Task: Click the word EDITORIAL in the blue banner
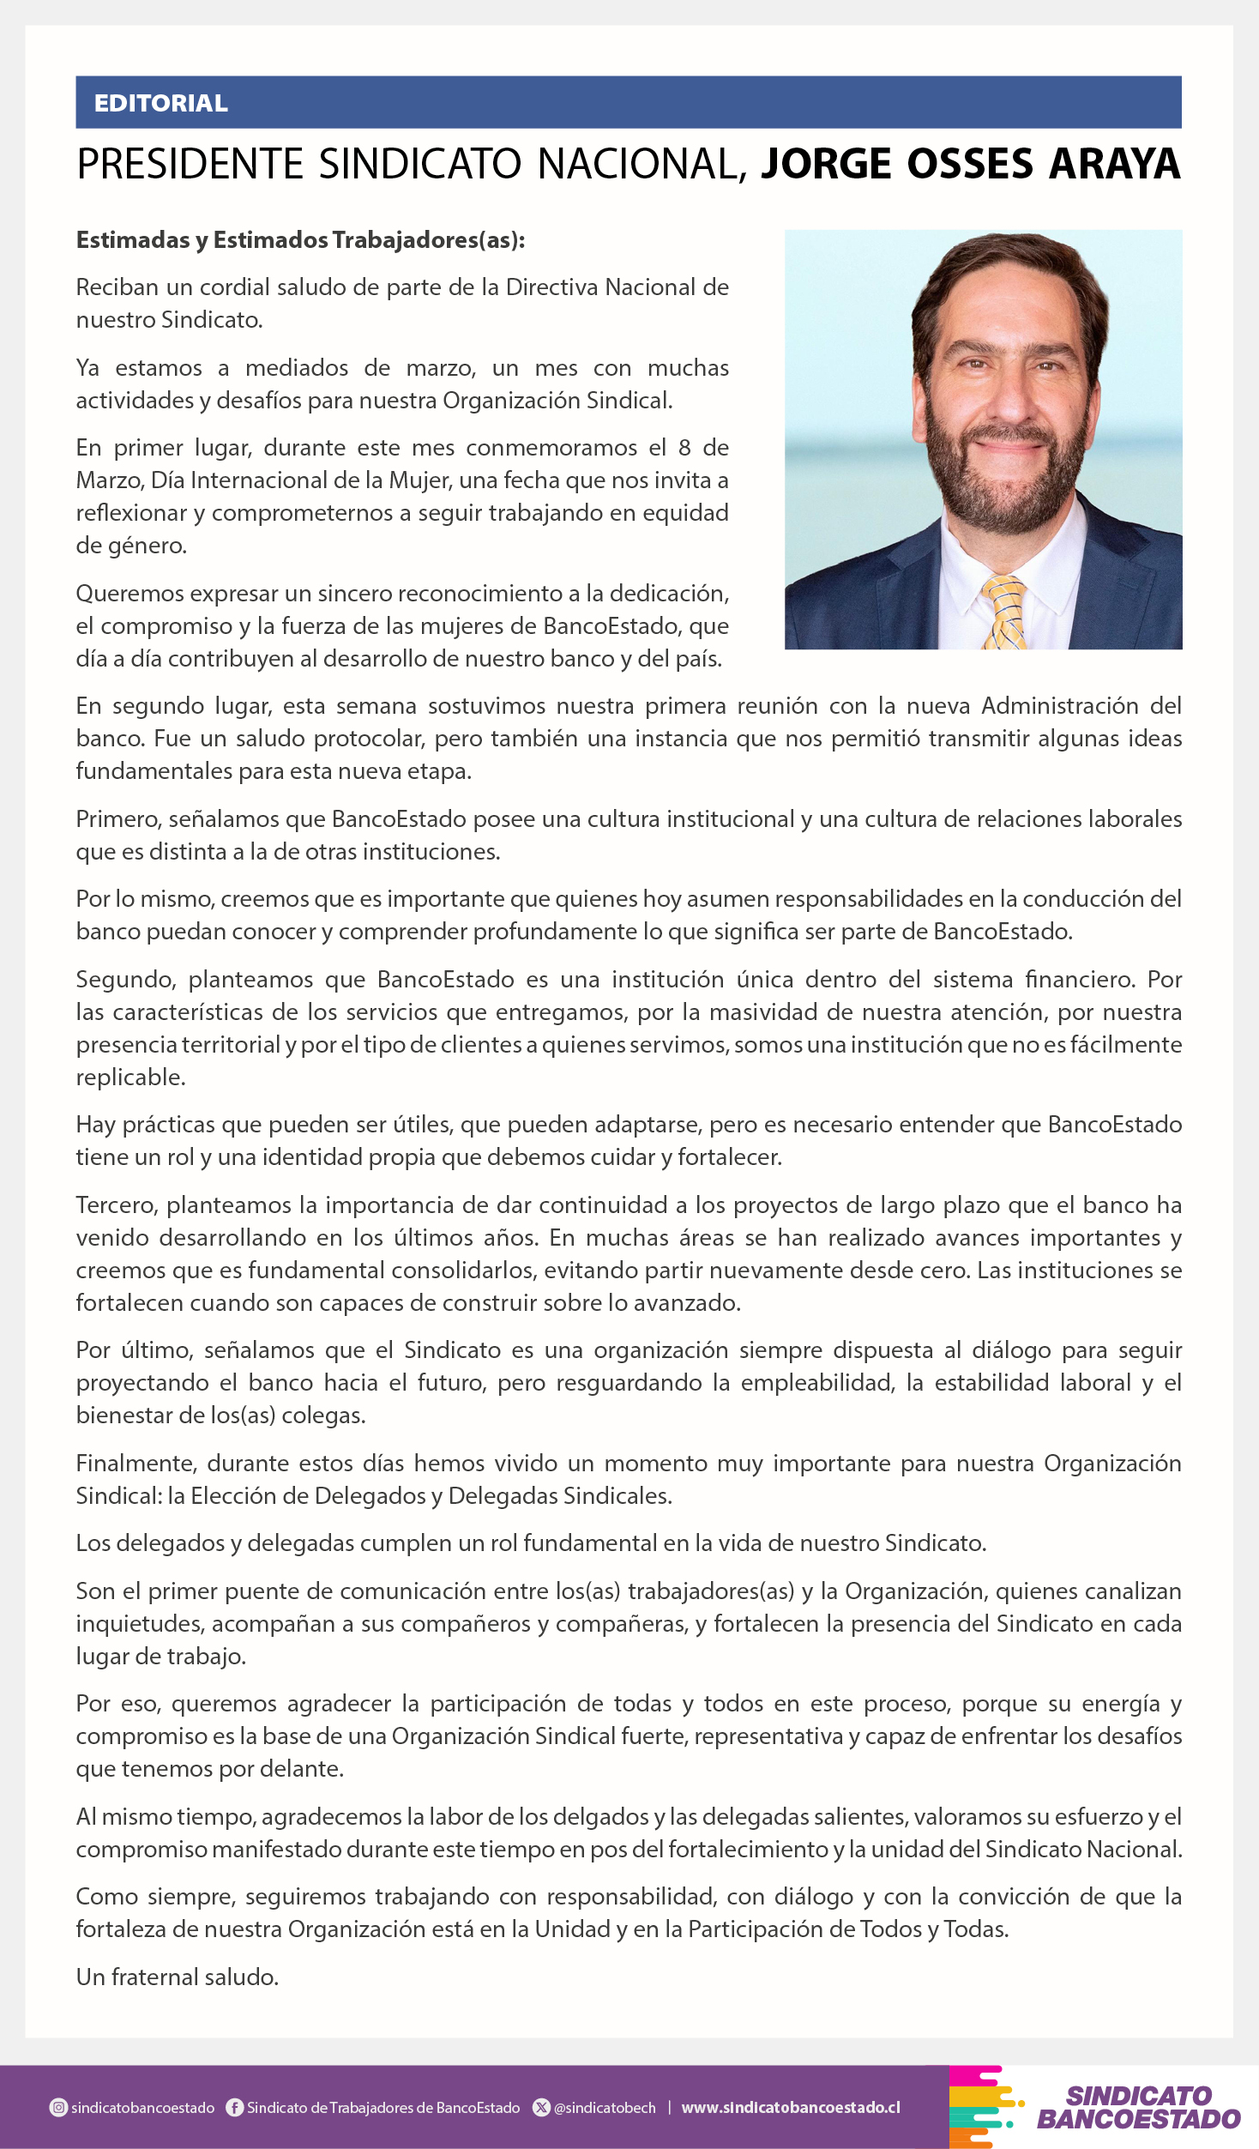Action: (160, 103)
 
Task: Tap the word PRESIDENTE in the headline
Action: (190, 164)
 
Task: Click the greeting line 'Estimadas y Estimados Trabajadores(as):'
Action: (300, 240)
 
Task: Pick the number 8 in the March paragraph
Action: (684, 448)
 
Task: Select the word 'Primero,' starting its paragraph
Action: (118, 819)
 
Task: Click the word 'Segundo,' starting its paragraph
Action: (126, 980)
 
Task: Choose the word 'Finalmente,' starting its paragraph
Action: (135, 1464)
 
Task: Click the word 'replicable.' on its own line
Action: (130, 1078)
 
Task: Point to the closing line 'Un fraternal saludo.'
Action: (178, 1977)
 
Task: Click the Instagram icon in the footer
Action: (58, 2108)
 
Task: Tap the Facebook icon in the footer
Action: (234, 2108)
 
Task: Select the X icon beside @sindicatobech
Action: (541, 2108)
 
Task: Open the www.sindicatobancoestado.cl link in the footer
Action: (791, 2108)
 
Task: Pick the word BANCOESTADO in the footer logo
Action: (1138, 2119)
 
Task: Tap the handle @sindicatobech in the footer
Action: (605, 2108)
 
